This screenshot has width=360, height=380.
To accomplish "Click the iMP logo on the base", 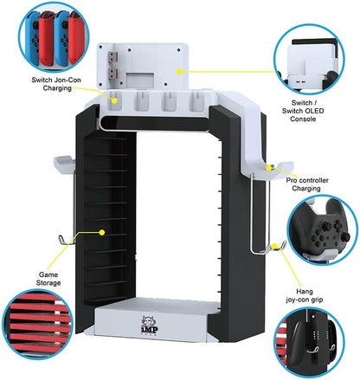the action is tap(149, 325).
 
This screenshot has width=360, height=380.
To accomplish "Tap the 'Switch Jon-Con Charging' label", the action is tap(56, 84).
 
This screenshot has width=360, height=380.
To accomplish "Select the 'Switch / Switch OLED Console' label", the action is tap(303, 111).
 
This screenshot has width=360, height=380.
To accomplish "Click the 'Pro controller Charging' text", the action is tap(307, 184).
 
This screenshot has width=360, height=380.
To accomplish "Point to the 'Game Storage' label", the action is tap(48, 279).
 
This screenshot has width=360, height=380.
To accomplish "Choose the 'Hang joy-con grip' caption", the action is tap(305, 295).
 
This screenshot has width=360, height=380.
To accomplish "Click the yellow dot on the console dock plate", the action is tap(179, 72).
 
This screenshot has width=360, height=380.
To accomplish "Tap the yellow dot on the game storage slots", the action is tap(101, 232).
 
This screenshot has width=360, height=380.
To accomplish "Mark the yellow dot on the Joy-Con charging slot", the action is tap(114, 100).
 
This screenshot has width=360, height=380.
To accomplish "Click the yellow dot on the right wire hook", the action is tap(274, 246).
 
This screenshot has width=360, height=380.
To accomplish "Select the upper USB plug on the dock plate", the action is tap(112, 56).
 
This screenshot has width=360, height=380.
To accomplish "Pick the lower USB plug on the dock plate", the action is tap(112, 74).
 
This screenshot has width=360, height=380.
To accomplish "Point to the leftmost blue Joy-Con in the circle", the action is tap(33, 38).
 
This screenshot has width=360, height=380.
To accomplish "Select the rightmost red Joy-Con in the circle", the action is tap(75, 37).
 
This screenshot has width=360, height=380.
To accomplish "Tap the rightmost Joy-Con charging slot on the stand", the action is tap(196, 101).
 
